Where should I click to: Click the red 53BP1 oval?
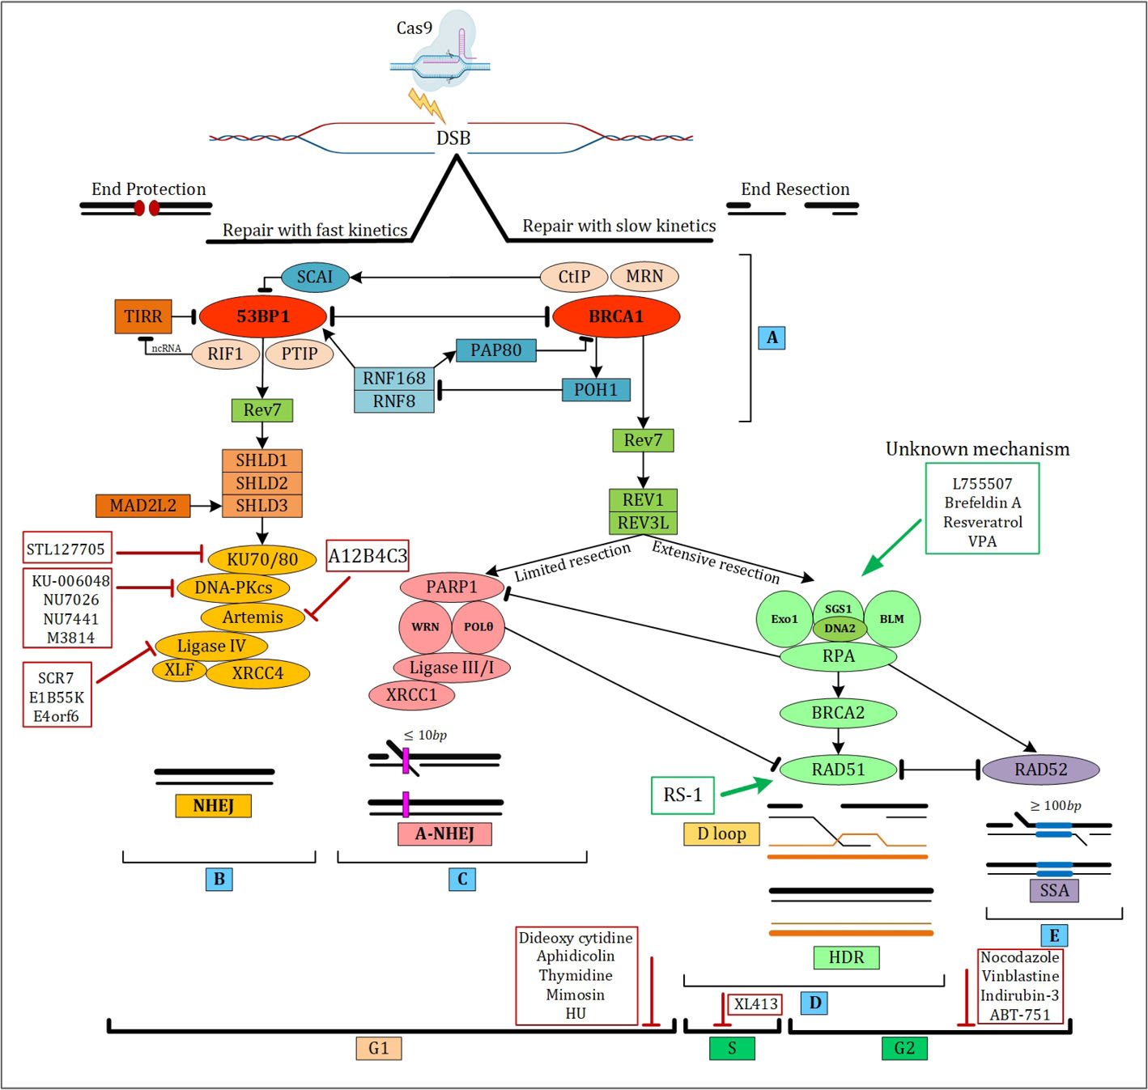click(x=262, y=316)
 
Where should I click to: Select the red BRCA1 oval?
click(x=616, y=316)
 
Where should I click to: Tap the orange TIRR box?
click(x=143, y=316)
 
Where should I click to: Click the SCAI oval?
click(x=315, y=277)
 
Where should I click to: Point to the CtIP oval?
click(x=574, y=277)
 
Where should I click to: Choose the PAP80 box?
click(x=496, y=350)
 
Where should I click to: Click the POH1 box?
click(x=596, y=390)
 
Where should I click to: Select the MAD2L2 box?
click(x=143, y=506)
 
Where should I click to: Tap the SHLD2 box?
click(x=261, y=483)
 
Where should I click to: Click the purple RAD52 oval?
click(x=1041, y=770)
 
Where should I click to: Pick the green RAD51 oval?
click(x=839, y=770)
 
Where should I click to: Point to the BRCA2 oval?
click(x=838, y=713)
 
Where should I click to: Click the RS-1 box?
click(x=683, y=795)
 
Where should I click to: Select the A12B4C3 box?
click(x=368, y=556)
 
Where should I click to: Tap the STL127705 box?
click(x=66, y=549)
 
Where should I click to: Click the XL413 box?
click(x=755, y=1004)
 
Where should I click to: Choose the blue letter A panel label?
click(x=772, y=337)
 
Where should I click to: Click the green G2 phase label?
click(x=904, y=1049)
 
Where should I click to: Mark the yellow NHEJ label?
click(x=214, y=806)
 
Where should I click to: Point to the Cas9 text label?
click(x=414, y=28)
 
